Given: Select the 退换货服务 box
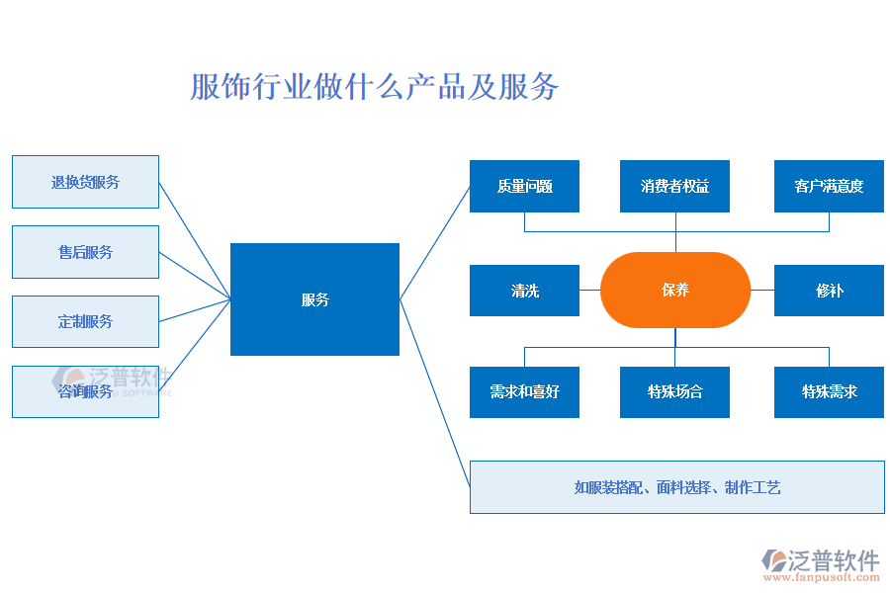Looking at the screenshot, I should point(85,182).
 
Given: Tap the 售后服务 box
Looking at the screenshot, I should point(85,252).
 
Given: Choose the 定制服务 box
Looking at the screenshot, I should point(85,321).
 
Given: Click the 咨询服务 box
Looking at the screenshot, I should point(85,391).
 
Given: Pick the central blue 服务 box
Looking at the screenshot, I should point(314,299).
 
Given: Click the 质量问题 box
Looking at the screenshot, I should point(524,186).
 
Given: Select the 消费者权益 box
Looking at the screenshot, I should point(674,186).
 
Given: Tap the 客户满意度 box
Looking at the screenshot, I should point(829,186).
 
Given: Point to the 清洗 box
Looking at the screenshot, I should point(524,291).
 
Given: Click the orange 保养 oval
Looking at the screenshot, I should point(675,290).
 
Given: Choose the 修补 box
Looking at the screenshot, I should point(829,291).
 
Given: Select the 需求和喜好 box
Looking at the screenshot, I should point(524,391).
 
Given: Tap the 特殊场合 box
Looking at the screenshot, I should point(674,391).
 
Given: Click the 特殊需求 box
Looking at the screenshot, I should point(829,391).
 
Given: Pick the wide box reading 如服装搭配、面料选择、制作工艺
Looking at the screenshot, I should point(676,487).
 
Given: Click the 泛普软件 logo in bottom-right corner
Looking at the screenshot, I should point(821,560).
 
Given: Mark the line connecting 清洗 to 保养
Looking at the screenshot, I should point(590,291).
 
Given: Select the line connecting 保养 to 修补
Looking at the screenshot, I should point(762,291).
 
